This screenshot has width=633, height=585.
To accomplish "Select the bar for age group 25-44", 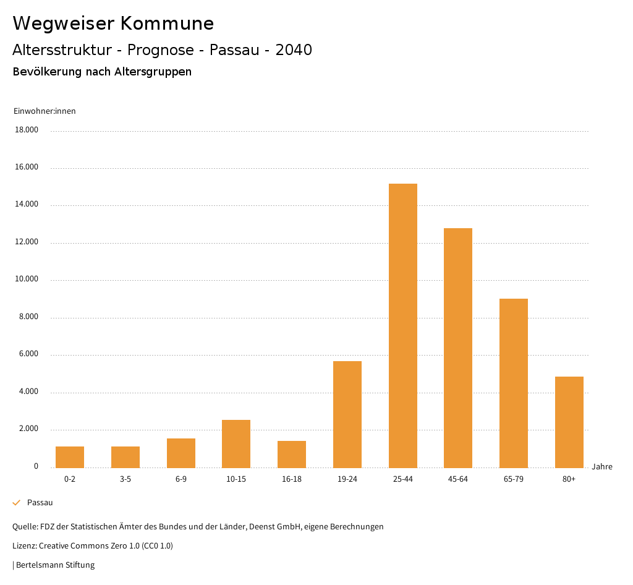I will [402, 325].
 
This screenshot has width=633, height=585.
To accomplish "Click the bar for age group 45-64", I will [458, 348].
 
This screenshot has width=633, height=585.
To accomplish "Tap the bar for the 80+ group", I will [569, 422].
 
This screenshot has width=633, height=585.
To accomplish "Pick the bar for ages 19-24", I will [347, 414].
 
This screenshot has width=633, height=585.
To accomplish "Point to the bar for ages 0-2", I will [70, 457].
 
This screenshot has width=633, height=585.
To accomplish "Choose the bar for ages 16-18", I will [292, 454].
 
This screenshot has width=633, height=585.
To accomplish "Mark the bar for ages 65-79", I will [514, 383].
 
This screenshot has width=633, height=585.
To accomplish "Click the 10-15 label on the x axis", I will [236, 479].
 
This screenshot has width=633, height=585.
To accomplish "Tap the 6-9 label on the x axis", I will [181, 479].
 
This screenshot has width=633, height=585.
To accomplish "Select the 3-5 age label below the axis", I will [125, 479].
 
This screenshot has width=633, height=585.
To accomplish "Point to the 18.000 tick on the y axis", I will [27, 130].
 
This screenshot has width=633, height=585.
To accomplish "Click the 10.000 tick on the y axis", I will [27, 280].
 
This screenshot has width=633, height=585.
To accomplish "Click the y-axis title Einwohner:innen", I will [45, 111].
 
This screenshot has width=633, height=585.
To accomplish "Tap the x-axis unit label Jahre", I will [601, 467].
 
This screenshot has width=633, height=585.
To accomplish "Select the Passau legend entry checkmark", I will [17, 503].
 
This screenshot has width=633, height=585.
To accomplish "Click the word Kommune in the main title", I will [167, 23].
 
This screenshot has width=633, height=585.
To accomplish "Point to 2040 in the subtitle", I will [294, 50].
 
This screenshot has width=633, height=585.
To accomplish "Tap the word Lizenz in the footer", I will [24, 546].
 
